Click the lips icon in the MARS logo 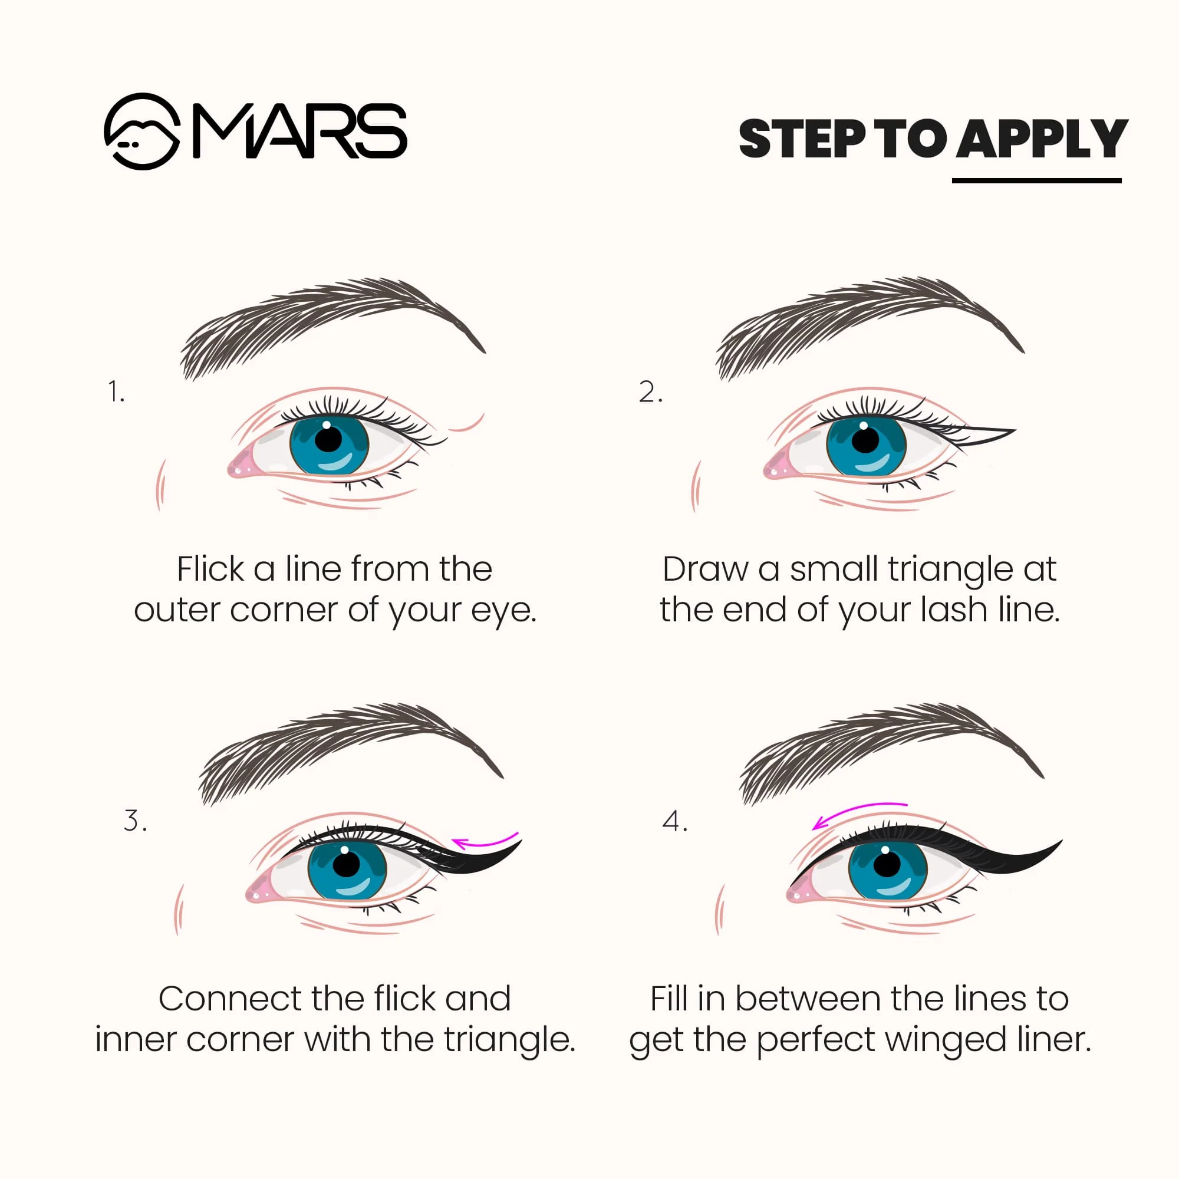(142, 131)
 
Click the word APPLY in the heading (1041, 139)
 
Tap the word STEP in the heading (802, 139)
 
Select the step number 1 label (116, 392)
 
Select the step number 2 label (650, 392)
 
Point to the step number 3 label (135, 821)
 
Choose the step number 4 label (674, 821)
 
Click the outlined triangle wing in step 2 (983, 434)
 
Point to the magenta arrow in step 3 (485, 843)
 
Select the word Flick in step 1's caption (210, 569)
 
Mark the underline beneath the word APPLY (1036, 180)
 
